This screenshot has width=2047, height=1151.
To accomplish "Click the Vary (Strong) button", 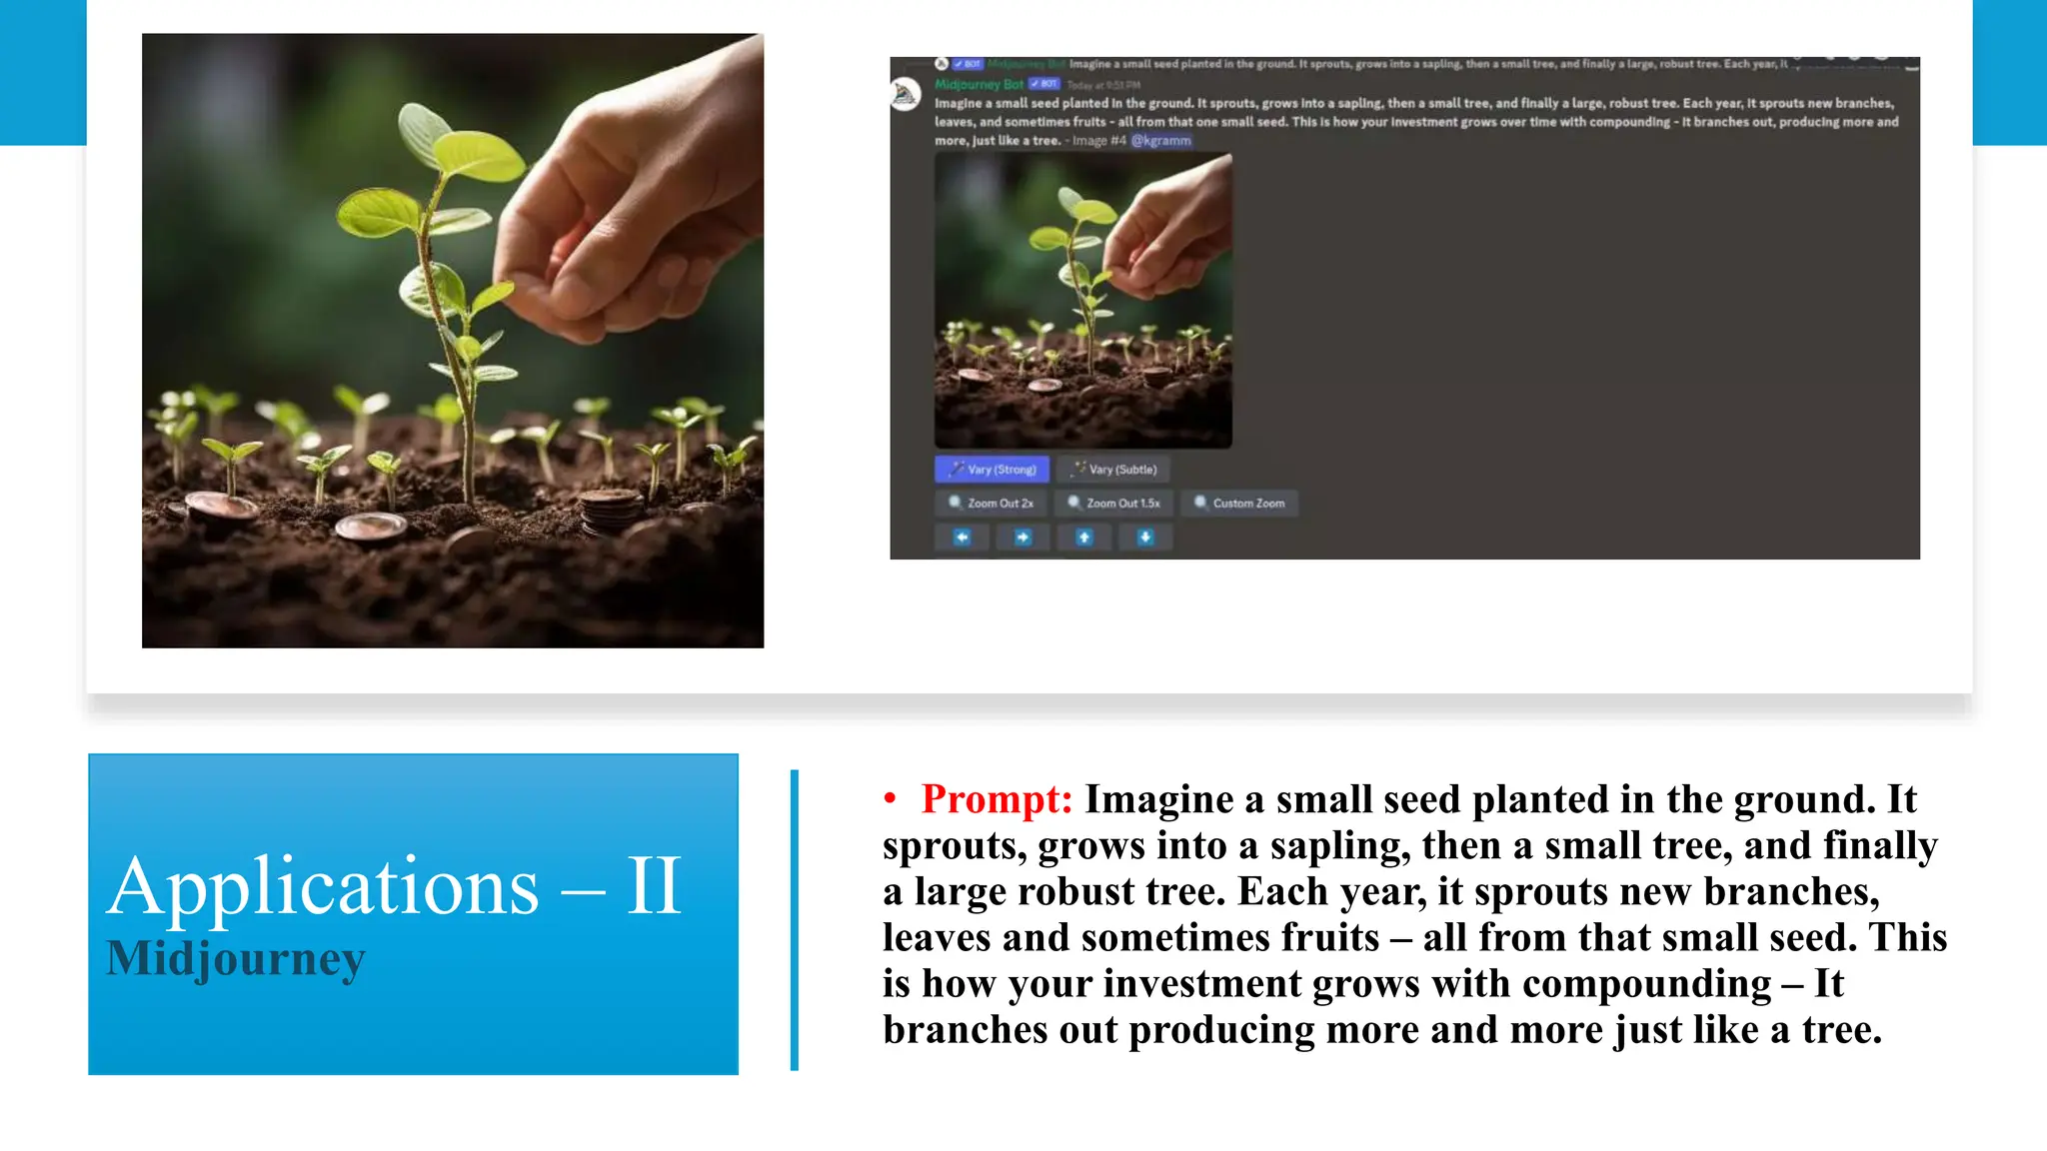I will pyautogui.click(x=992, y=469).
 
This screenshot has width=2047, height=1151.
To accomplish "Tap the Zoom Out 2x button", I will pyautogui.click(x=991, y=503).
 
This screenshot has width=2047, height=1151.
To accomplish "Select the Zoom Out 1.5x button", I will pyautogui.click(x=1112, y=503).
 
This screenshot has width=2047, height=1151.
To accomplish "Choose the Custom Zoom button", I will pyautogui.click(x=1239, y=503).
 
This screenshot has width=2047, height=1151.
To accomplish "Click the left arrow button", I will pyautogui.click(x=962, y=538).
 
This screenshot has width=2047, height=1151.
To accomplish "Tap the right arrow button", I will pyautogui.click(x=1023, y=538).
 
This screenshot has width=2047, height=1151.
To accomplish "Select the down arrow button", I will pyautogui.click(x=1145, y=538).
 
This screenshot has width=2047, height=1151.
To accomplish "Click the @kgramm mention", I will pyautogui.click(x=1160, y=141).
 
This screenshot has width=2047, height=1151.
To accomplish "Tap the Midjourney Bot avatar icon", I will pyautogui.click(x=907, y=95).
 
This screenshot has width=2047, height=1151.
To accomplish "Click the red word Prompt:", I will pyautogui.click(x=997, y=799).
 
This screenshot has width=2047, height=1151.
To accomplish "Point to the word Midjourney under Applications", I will pyautogui.click(x=236, y=958).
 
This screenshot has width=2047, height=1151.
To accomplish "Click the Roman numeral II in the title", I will pyautogui.click(x=654, y=886).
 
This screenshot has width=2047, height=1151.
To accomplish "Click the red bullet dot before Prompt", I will pyautogui.click(x=890, y=798).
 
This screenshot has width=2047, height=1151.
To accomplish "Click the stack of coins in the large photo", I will pyautogui.click(x=610, y=510).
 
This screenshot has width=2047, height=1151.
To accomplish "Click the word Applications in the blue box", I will pyautogui.click(x=323, y=886).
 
